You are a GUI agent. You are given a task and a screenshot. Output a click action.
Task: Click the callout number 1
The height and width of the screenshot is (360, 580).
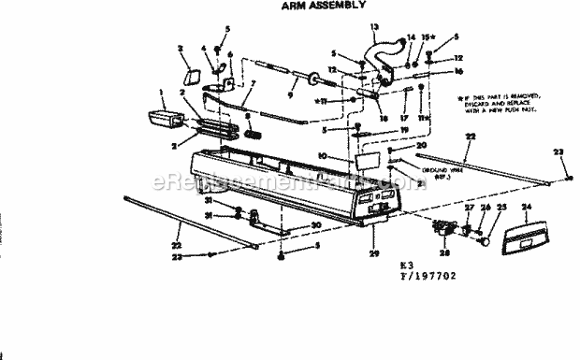click(x=162, y=93)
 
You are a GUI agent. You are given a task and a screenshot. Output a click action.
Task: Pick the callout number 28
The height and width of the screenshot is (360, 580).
click(x=444, y=253)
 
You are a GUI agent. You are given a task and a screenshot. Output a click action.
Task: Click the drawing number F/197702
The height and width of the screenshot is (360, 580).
click(x=423, y=278)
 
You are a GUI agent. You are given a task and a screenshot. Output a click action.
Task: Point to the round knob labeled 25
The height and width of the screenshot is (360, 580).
click(x=486, y=239)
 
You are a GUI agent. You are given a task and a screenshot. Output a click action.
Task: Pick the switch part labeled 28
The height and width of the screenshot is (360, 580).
click(x=447, y=229)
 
